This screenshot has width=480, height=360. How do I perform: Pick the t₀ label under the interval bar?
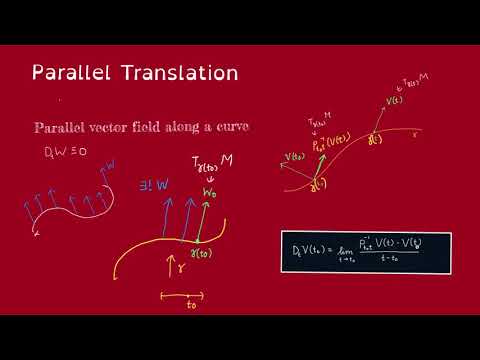[182, 306]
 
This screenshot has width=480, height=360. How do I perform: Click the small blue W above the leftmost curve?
[110, 162]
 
